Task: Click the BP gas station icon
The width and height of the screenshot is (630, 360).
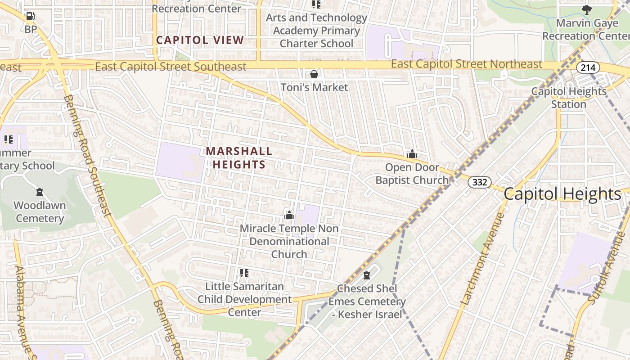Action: point(30,17)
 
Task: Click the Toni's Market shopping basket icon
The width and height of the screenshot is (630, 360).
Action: point(314,74)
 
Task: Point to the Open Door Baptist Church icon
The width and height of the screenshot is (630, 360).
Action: point(412,154)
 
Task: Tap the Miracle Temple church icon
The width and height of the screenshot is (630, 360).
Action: point(289,215)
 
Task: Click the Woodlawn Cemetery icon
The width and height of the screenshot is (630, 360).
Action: point(40,192)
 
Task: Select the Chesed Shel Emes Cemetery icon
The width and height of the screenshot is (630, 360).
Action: point(367,275)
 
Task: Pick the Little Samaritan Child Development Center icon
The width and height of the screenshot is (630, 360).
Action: point(244,273)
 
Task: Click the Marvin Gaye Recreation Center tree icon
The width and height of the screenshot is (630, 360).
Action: point(586,9)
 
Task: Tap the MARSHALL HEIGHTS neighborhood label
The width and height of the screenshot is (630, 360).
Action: point(239,158)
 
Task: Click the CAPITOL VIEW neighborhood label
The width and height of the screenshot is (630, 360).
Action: point(200,40)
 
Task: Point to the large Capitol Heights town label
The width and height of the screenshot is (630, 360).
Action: point(562,194)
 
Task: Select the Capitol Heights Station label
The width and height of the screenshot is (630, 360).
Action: point(569,98)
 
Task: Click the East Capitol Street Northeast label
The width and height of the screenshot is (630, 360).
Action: point(466,64)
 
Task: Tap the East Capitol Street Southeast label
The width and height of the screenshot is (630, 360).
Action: point(171,67)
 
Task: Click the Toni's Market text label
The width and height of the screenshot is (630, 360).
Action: point(314,87)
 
